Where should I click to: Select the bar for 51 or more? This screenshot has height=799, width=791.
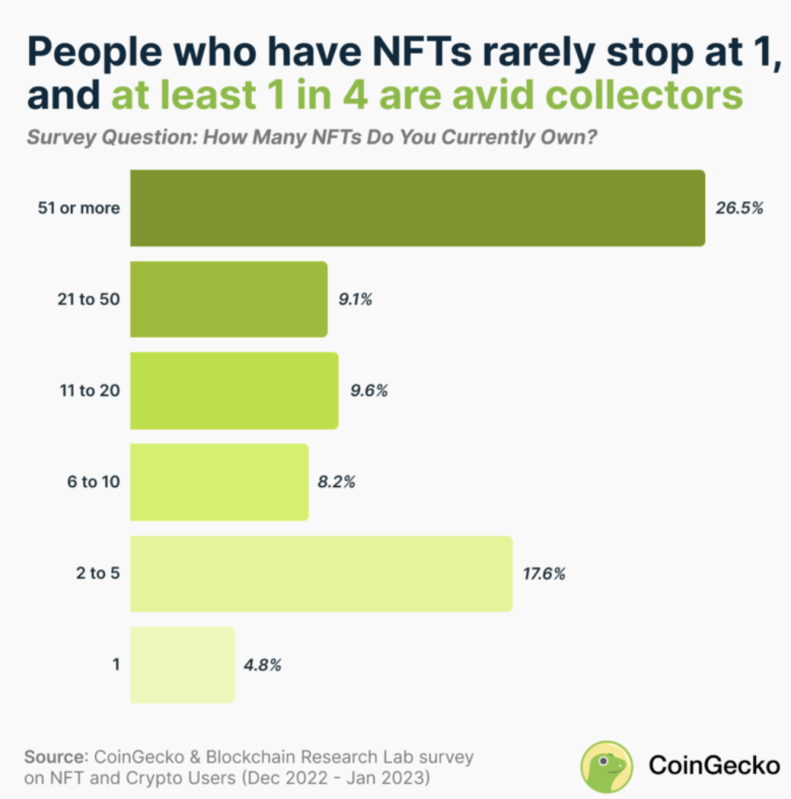(418, 208)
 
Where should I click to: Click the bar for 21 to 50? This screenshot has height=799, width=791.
(229, 300)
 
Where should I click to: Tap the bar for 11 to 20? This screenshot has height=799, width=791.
(234, 391)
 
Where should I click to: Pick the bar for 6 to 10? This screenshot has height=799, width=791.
(219, 482)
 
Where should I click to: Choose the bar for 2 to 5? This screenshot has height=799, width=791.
(321, 574)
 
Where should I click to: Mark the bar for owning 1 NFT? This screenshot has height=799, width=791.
(182, 665)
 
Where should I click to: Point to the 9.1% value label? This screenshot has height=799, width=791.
(355, 300)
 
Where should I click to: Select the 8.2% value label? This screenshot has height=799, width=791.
(337, 482)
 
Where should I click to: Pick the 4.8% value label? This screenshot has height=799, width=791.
(262, 665)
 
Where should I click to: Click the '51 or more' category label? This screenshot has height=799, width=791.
(79, 208)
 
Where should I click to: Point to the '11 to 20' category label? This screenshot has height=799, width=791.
(88, 391)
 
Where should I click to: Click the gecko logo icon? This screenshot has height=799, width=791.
(607, 766)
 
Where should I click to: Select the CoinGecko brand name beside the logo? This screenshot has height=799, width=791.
(714, 766)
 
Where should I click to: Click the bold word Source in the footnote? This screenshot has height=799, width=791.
(55, 756)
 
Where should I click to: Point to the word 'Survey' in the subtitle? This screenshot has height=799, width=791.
(57, 138)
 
